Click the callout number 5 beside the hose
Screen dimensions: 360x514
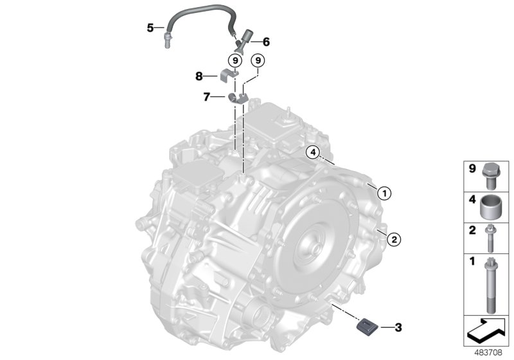pos(150,28)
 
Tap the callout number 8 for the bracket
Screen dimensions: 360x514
pos(199,76)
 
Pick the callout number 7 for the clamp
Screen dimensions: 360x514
pos(207,97)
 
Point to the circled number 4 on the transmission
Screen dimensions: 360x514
pos(311,152)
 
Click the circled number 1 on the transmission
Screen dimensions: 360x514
pos(384,192)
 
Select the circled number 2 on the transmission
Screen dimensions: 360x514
pos(394,239)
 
